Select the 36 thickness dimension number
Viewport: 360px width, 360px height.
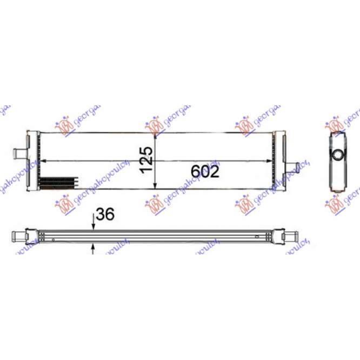pyautogui.click(x=106, y=215)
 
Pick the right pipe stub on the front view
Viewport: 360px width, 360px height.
pyautogui.click(x=292, y=166)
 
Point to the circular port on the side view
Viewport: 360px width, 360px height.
pyautogui.click(x=337, y=154)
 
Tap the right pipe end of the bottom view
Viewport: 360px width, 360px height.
pyautogui.click(x=290, y=236)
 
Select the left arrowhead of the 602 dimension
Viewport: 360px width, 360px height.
pyautogui.click(x=44, y=161)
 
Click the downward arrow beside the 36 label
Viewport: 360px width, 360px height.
pyautogui.click(x=94, y=226)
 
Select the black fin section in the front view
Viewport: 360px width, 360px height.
pyautogui.click(x=61, y=182)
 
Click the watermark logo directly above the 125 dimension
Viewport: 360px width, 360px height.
pyautogui.click(x=156, y=125)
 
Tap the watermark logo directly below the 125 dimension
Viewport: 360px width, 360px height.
pyautogui.click(x=156, y=204)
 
